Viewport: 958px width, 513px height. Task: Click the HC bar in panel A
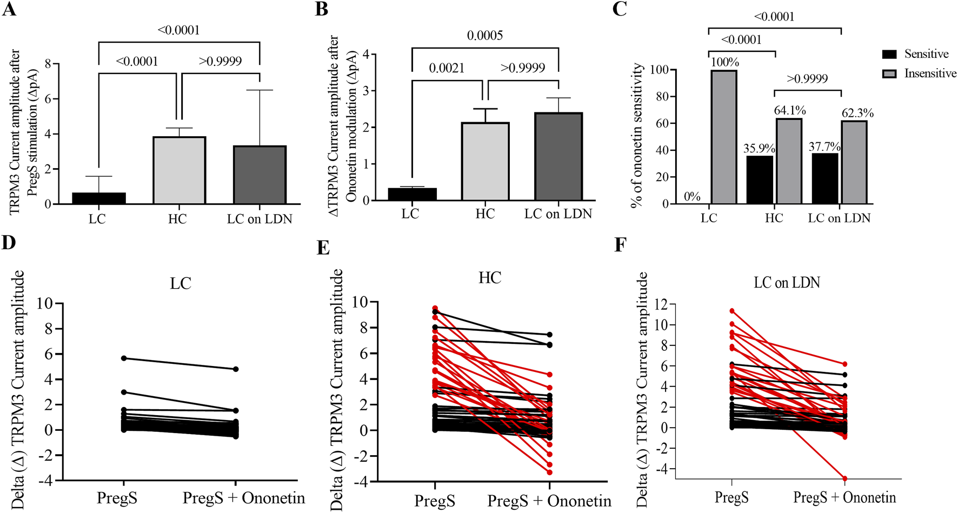point(179,170)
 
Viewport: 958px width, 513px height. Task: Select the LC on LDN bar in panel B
point(558,157)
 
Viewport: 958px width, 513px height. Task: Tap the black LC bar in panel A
point(99,198)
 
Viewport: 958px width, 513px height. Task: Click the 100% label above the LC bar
point(724,62)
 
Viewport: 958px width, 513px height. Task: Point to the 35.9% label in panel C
point(759,148)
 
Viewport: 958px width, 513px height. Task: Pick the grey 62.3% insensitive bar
point(854,162)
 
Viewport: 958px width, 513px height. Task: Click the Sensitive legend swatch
point(889,54)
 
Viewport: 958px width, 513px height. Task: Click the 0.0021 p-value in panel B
point(447,68)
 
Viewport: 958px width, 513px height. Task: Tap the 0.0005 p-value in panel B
point(485,36)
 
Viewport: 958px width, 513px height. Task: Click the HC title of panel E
point(489,278)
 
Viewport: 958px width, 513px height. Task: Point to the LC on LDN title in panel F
point(787,282)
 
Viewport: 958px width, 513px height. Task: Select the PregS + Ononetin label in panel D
point(244,497)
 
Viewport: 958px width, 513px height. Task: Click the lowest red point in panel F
point(844,478)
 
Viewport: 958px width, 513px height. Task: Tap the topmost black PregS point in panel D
point(124,358)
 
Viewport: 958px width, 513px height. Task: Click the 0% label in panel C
point(692,197)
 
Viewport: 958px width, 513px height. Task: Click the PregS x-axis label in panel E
point(435,501)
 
